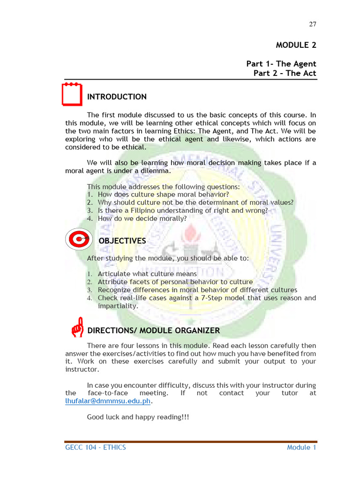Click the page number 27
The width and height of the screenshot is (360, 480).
[313, 24]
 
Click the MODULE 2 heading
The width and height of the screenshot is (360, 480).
[296, 45]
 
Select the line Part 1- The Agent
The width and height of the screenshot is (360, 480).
[281, 64]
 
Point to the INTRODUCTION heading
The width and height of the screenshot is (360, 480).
[117, 97]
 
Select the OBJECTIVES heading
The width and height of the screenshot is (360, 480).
[122, 241]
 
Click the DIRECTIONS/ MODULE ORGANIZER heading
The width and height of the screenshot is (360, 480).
[153, 330]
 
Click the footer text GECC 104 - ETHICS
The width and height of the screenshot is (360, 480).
[96, 447]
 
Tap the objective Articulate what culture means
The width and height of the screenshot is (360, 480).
[147, 274]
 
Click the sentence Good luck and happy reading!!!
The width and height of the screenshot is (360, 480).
[138, 417]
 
